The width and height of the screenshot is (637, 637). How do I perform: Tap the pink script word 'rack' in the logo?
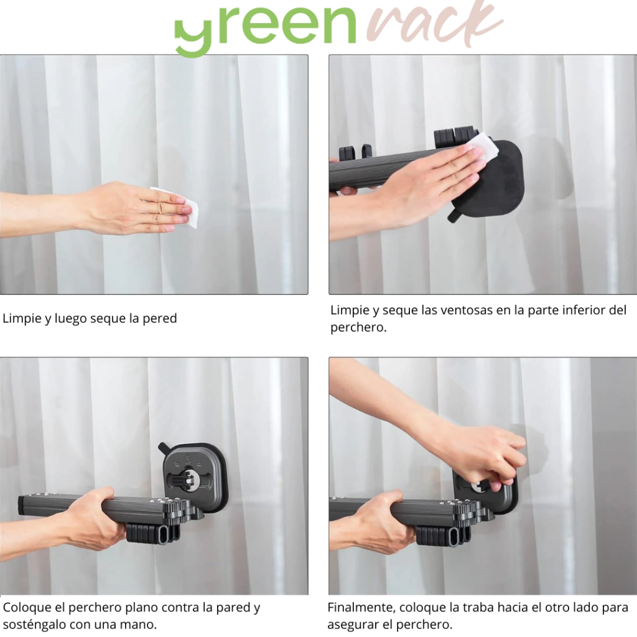(435, 22)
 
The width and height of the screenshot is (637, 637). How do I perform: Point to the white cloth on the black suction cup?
(482, 148)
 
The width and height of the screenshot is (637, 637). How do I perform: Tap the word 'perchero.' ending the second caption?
(358, 328)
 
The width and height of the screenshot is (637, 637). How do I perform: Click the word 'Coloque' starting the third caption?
(27, 608)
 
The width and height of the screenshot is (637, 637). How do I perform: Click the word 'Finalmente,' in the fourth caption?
(361, 608)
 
